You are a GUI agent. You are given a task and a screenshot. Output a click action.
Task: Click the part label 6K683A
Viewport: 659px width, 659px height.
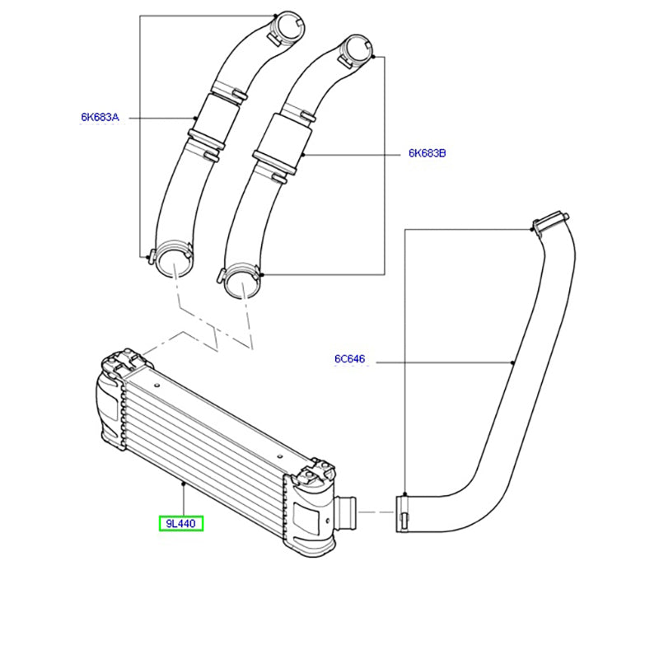coord(100,117)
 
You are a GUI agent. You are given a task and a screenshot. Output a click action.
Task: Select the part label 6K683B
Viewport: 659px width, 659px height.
coord(427,153)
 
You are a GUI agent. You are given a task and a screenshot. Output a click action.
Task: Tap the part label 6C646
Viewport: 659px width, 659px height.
coord(349,358)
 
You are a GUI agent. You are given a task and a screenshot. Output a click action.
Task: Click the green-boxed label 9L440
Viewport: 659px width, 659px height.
coord(181,523)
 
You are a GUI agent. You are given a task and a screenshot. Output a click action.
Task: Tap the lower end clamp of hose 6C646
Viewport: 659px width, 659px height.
coord(402,514)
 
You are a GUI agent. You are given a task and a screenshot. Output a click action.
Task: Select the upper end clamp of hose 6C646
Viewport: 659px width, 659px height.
coord(549,221)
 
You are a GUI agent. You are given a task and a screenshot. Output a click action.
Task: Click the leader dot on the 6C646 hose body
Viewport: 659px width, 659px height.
coord(512,362)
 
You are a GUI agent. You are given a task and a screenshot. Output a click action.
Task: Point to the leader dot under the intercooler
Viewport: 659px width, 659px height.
coord(183,484)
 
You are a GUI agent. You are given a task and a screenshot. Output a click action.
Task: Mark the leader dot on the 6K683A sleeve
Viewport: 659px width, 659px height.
coord(194,118)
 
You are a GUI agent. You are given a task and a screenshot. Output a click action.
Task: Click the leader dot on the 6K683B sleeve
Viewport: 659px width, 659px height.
coord(303,155)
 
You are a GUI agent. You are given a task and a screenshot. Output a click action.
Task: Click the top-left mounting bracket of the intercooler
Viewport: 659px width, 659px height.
coord(123,362)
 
